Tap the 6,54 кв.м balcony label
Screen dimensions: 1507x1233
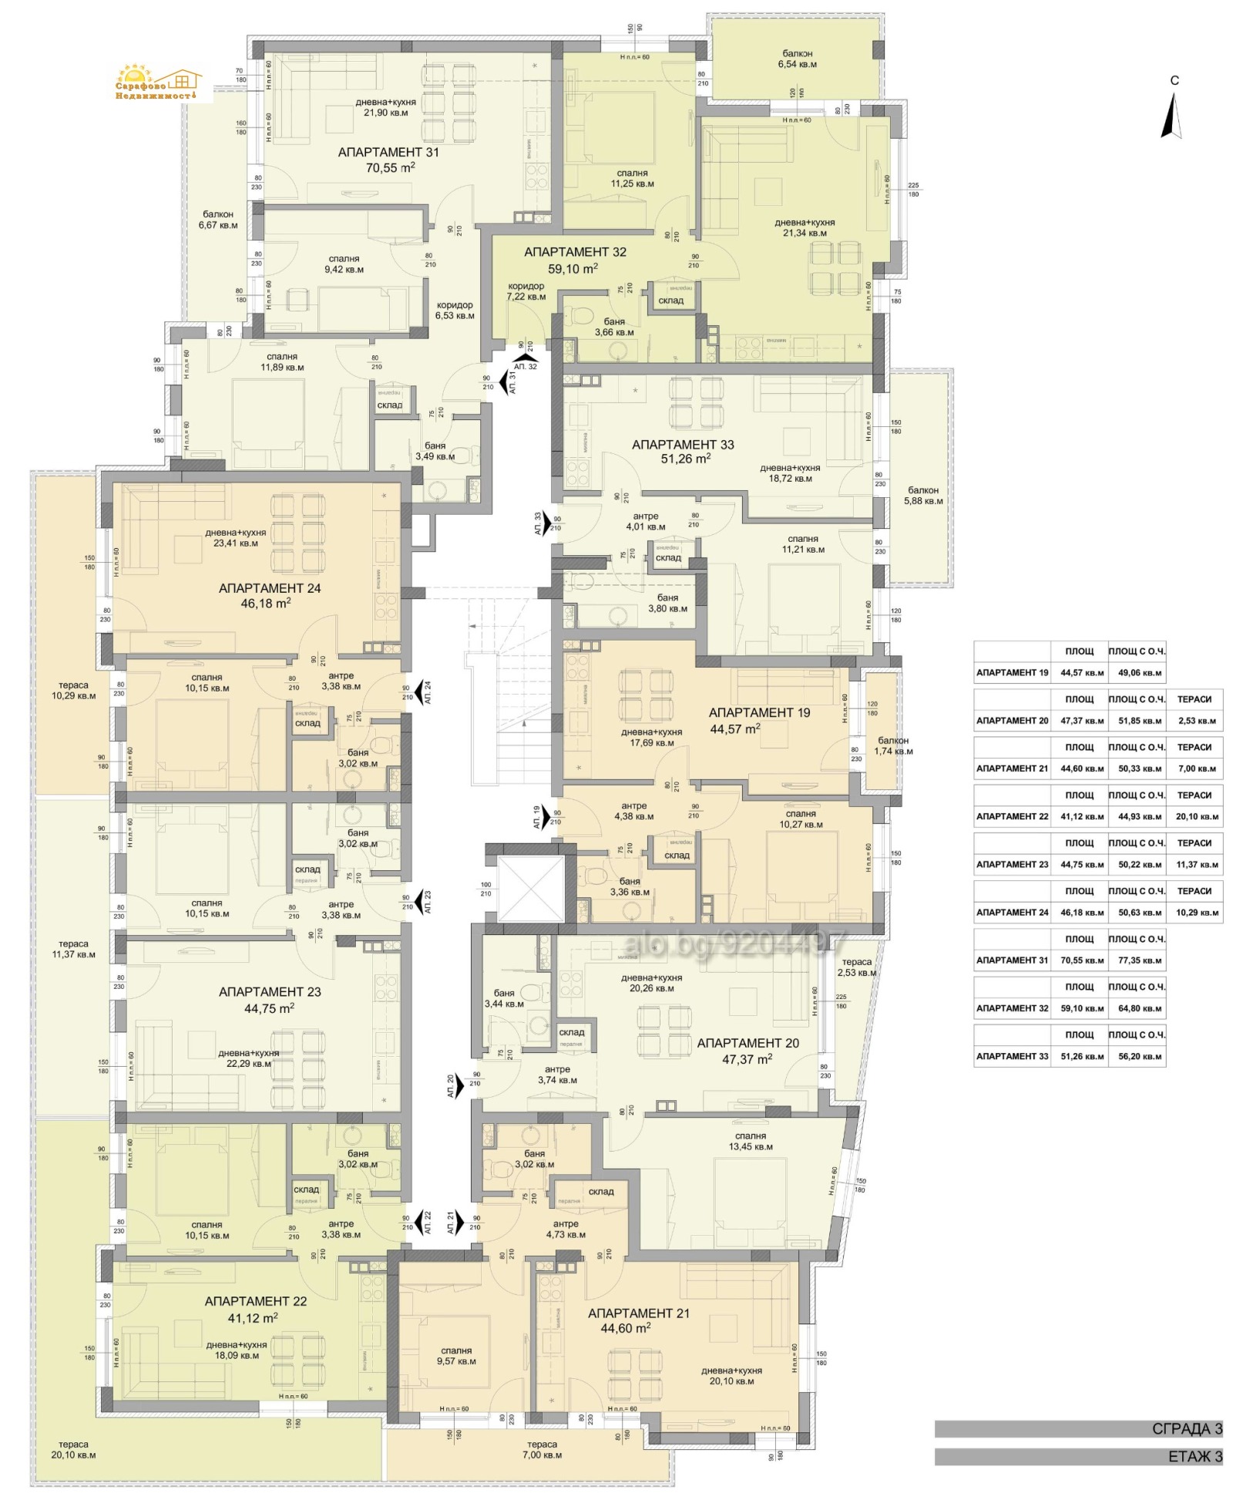pyautogui.click(x=797, y=59)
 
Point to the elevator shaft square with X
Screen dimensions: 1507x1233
pyautogui.click(x=531, y=889)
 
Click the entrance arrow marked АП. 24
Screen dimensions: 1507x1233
pyautogui.click(x=422, y=691)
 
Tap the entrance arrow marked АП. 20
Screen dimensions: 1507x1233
pyautogui.click(x=459, y=1085)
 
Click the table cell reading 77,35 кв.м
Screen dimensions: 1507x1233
pyautogui.click(x=1139, y=960)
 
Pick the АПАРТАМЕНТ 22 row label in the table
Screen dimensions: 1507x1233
pyautogui.click(x=1011, y=816)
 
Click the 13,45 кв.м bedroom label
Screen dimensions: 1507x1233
pyautogui.click(x=751, y=1141)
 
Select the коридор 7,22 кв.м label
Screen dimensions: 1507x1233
pyautogui.click(x=526, y=291)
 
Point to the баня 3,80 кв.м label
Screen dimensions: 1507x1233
pyautogui.click(x=667, y=603)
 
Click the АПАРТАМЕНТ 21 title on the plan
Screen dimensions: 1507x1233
pyautogui.click(x=638, y=1314)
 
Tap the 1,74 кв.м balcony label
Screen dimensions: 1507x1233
pyautogui.click(x=892, y=745)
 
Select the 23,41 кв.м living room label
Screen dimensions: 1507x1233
pyautogui.click(x=235, y=538)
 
